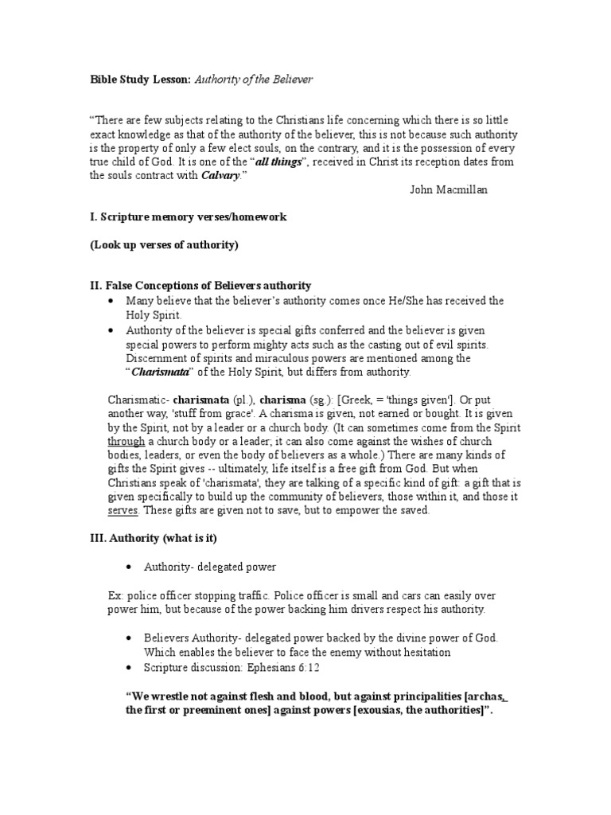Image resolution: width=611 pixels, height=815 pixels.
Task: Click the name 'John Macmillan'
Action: [x=448, y=189]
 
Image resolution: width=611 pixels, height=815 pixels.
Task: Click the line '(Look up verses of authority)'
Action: [x=163, y=244]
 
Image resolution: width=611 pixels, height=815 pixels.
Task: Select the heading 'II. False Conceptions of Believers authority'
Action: [x=200, y=285]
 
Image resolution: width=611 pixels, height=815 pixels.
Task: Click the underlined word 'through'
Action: [x=126, y=441]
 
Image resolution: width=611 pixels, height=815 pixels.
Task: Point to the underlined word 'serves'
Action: [x=123, y=510]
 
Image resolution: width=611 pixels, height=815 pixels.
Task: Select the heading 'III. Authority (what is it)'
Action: [x=152, y=538]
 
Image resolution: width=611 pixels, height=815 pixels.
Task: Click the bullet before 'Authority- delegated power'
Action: [x=129, y=567]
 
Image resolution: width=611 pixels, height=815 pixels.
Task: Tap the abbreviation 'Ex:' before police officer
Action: [x=116, y=595]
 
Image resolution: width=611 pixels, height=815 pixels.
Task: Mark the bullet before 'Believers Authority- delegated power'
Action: [x=129, y=639]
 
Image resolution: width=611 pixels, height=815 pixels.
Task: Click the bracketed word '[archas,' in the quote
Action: [x=485, y=696]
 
